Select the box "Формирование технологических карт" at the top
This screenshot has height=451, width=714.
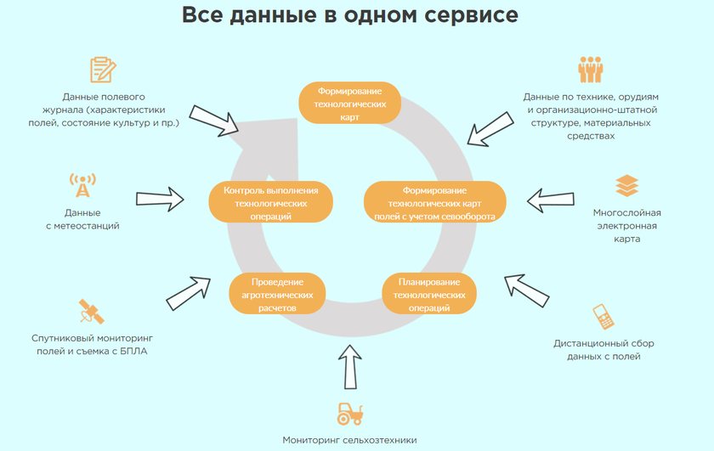(349, 104)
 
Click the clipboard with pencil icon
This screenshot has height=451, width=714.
(102, 70)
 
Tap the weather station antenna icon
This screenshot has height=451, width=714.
(82, 186)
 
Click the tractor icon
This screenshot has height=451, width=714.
(349, 414)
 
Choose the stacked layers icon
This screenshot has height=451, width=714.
(626, 185)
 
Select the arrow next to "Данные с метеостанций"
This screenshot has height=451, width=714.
(160, 200)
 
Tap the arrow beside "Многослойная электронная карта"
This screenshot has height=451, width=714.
(551, 200)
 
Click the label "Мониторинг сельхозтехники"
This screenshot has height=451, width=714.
(349, 440)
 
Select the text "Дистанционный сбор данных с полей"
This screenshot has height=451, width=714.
(603, 350)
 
